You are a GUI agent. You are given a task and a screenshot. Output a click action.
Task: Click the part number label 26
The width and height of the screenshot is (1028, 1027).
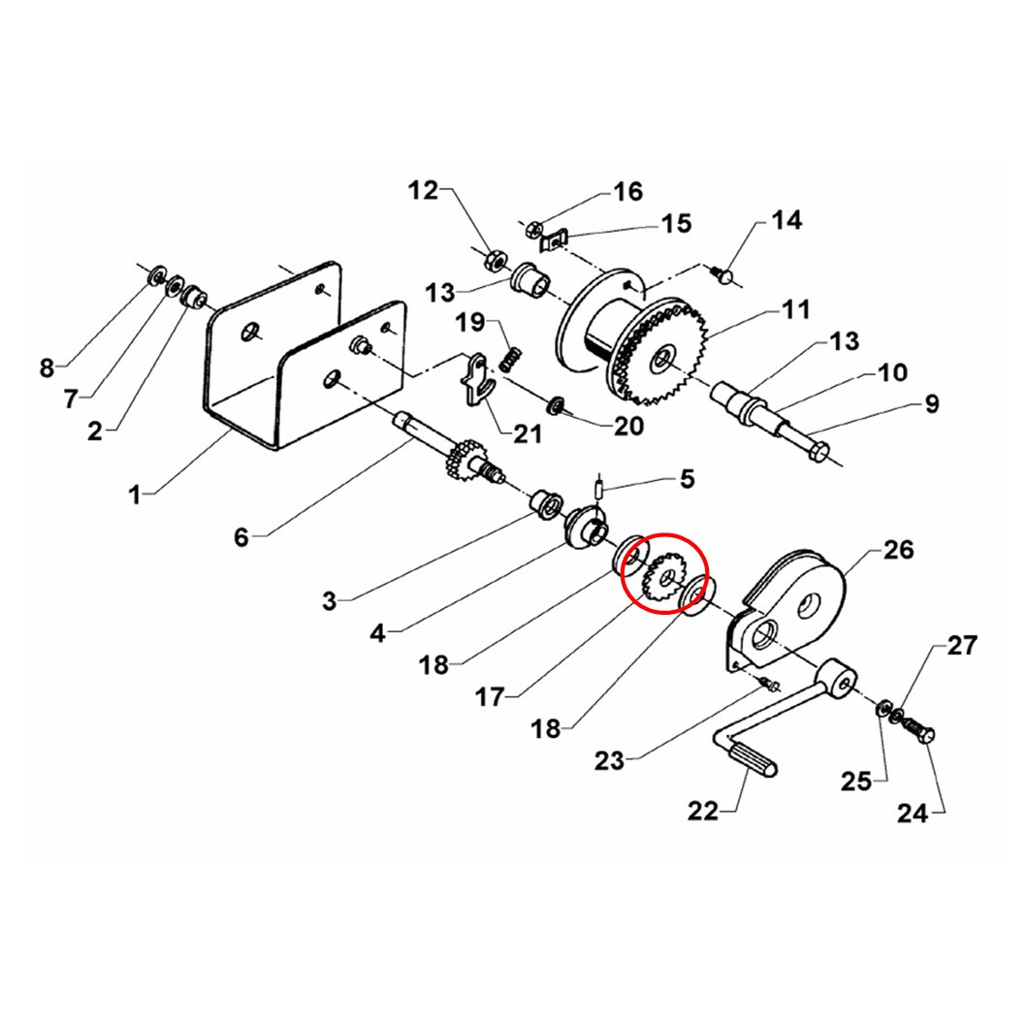tap(898, 550)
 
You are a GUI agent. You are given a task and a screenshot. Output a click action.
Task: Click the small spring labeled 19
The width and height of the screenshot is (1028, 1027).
tap(511, 359)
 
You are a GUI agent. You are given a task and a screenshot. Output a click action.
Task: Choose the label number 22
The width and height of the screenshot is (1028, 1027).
tap(703, 810)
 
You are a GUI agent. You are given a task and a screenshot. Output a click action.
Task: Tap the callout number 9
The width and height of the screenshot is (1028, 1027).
tap(931, 402)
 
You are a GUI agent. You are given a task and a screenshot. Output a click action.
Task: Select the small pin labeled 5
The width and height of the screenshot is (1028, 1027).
tap(600, 488)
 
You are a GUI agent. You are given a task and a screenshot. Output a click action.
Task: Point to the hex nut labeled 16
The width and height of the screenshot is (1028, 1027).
tap(532, 230)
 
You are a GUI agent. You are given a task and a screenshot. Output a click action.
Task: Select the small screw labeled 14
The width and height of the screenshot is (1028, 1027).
tap(724, 274)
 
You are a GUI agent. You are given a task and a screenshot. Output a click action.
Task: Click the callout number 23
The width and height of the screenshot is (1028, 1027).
tap(610, 761)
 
